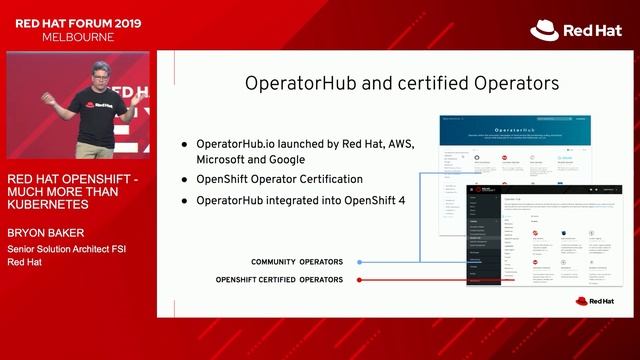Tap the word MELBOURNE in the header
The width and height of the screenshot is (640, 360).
coord(78,37)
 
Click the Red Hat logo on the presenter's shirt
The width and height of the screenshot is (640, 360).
coord(103,104)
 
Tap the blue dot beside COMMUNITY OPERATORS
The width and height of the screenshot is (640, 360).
coord(359,262)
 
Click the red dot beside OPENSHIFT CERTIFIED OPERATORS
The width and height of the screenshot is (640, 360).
coord(359,280)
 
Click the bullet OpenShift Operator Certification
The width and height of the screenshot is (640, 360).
coord(279,178)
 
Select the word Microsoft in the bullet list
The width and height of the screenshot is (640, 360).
coord(223,159)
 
